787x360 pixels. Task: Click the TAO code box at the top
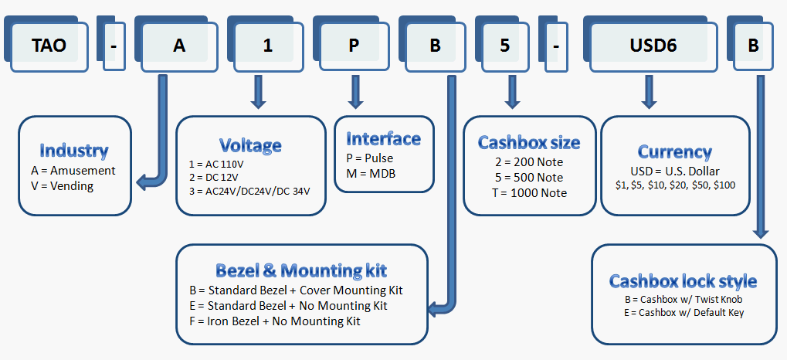[x=49, y=46]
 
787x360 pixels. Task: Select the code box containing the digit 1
[x=268, y=46]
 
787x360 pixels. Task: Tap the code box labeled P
[x=354, y=46]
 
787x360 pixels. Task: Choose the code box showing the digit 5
[x=504, y=46]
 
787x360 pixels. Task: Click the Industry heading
[x=74, y=151]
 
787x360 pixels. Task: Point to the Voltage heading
[x=250, y=145]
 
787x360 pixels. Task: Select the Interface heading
[x=383, y=139]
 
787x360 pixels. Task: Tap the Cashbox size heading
[x=529, y=142]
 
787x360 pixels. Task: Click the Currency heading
[x=674, y=151]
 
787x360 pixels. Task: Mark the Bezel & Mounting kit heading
[x=301, y=270]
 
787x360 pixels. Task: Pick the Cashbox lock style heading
[x=683, y=280]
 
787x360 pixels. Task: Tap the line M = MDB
[x=368, y=173]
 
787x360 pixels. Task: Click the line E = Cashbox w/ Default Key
[x=684, y=312]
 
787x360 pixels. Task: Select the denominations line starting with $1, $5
[x=674, y=185]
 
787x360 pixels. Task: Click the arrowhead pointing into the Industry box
[x=141, y=183]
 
